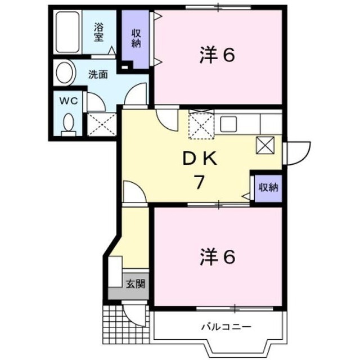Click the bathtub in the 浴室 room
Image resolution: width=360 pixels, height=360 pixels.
pos(67,32)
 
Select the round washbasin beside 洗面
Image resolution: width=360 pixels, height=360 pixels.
pos(65,73)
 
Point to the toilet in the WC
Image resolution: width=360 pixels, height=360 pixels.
pos(69,125)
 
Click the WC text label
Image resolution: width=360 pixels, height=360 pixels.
pos(69,101)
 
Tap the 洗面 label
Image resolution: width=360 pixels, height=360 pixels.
pos(98,74)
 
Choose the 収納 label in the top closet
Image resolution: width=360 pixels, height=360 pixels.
pos(136,38)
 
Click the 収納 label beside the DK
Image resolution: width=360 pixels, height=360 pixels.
pos(268,187)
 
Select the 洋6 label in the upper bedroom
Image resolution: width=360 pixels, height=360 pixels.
pos(217,55)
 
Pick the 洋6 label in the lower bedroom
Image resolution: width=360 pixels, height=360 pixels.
pos(217,257)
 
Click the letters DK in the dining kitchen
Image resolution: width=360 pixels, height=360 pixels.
pos(200,159)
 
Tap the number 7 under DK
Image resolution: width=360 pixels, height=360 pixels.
pos(199,182)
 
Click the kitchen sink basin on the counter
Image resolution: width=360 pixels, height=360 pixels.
pos(228,124)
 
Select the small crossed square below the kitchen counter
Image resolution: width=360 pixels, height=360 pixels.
pos(265,145)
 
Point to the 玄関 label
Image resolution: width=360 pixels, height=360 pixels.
pos(136,284)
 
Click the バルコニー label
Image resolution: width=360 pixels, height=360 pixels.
pos(226,326)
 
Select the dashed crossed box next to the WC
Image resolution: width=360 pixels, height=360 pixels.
pos(102,124)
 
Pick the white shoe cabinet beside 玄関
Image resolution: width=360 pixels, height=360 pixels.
pos(115,272)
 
